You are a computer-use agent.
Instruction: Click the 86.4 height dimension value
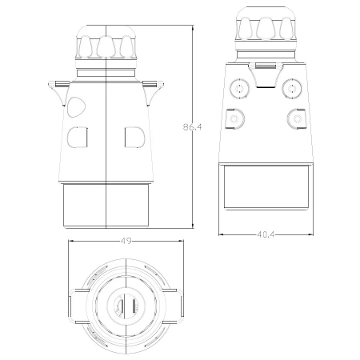pyautogui.click(x=192, y=126)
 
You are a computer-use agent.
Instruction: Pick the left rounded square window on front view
pyautogui.click(x=78, y=138)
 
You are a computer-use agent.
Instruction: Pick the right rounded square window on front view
pyautogui.click(x=134, y=138)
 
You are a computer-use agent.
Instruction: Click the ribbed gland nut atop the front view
pyautogui.click(x=106, y=45)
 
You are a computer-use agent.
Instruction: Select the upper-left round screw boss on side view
pyautogui.click(x=238, y=86)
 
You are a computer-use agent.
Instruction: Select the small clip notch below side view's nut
pyautogui.click(x=263, y=62)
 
